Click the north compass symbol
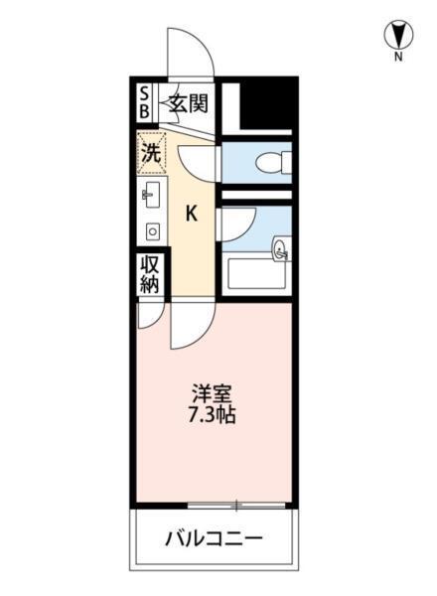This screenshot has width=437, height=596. point(397,36)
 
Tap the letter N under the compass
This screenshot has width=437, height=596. point(397,58)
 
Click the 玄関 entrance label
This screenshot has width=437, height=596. point(187,101)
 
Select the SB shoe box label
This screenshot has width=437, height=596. point(144,101)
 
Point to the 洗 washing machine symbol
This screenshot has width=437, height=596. point(149,153)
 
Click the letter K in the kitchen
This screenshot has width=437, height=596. point(192,212)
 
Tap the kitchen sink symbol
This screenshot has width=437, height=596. point(152,195)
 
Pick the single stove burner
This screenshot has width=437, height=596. point(152,230)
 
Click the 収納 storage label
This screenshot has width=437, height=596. point(149,274)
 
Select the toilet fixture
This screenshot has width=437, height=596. point(270,161)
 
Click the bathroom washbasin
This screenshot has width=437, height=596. point(281,250)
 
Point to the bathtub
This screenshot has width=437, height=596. point(256,273)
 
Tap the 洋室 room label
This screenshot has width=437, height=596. point(213,392)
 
